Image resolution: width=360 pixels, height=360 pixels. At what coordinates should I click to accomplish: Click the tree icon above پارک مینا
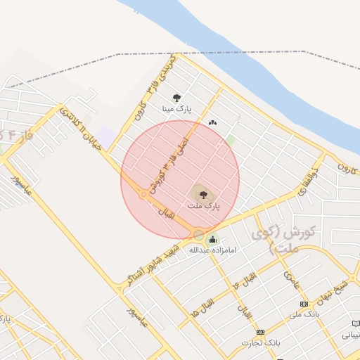(176, 98)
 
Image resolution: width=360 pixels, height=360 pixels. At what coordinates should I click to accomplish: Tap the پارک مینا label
(176, 109)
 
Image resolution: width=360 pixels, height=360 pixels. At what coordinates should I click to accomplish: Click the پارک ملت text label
(204, 206)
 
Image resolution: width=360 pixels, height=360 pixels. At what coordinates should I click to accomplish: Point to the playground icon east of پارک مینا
(212, 123)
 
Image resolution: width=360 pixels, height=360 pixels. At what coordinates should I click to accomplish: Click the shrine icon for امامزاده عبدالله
(213, 240)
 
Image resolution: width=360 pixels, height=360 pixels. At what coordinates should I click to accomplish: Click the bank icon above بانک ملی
(304, 304)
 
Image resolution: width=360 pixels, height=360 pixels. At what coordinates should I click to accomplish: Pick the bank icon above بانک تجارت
(260, 332)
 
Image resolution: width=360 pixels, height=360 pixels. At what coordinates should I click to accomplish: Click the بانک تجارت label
(261, 343)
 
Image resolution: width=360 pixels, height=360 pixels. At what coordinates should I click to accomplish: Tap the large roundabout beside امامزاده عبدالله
(199, 234)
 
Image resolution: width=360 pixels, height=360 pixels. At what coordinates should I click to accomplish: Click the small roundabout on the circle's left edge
(143, 195)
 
